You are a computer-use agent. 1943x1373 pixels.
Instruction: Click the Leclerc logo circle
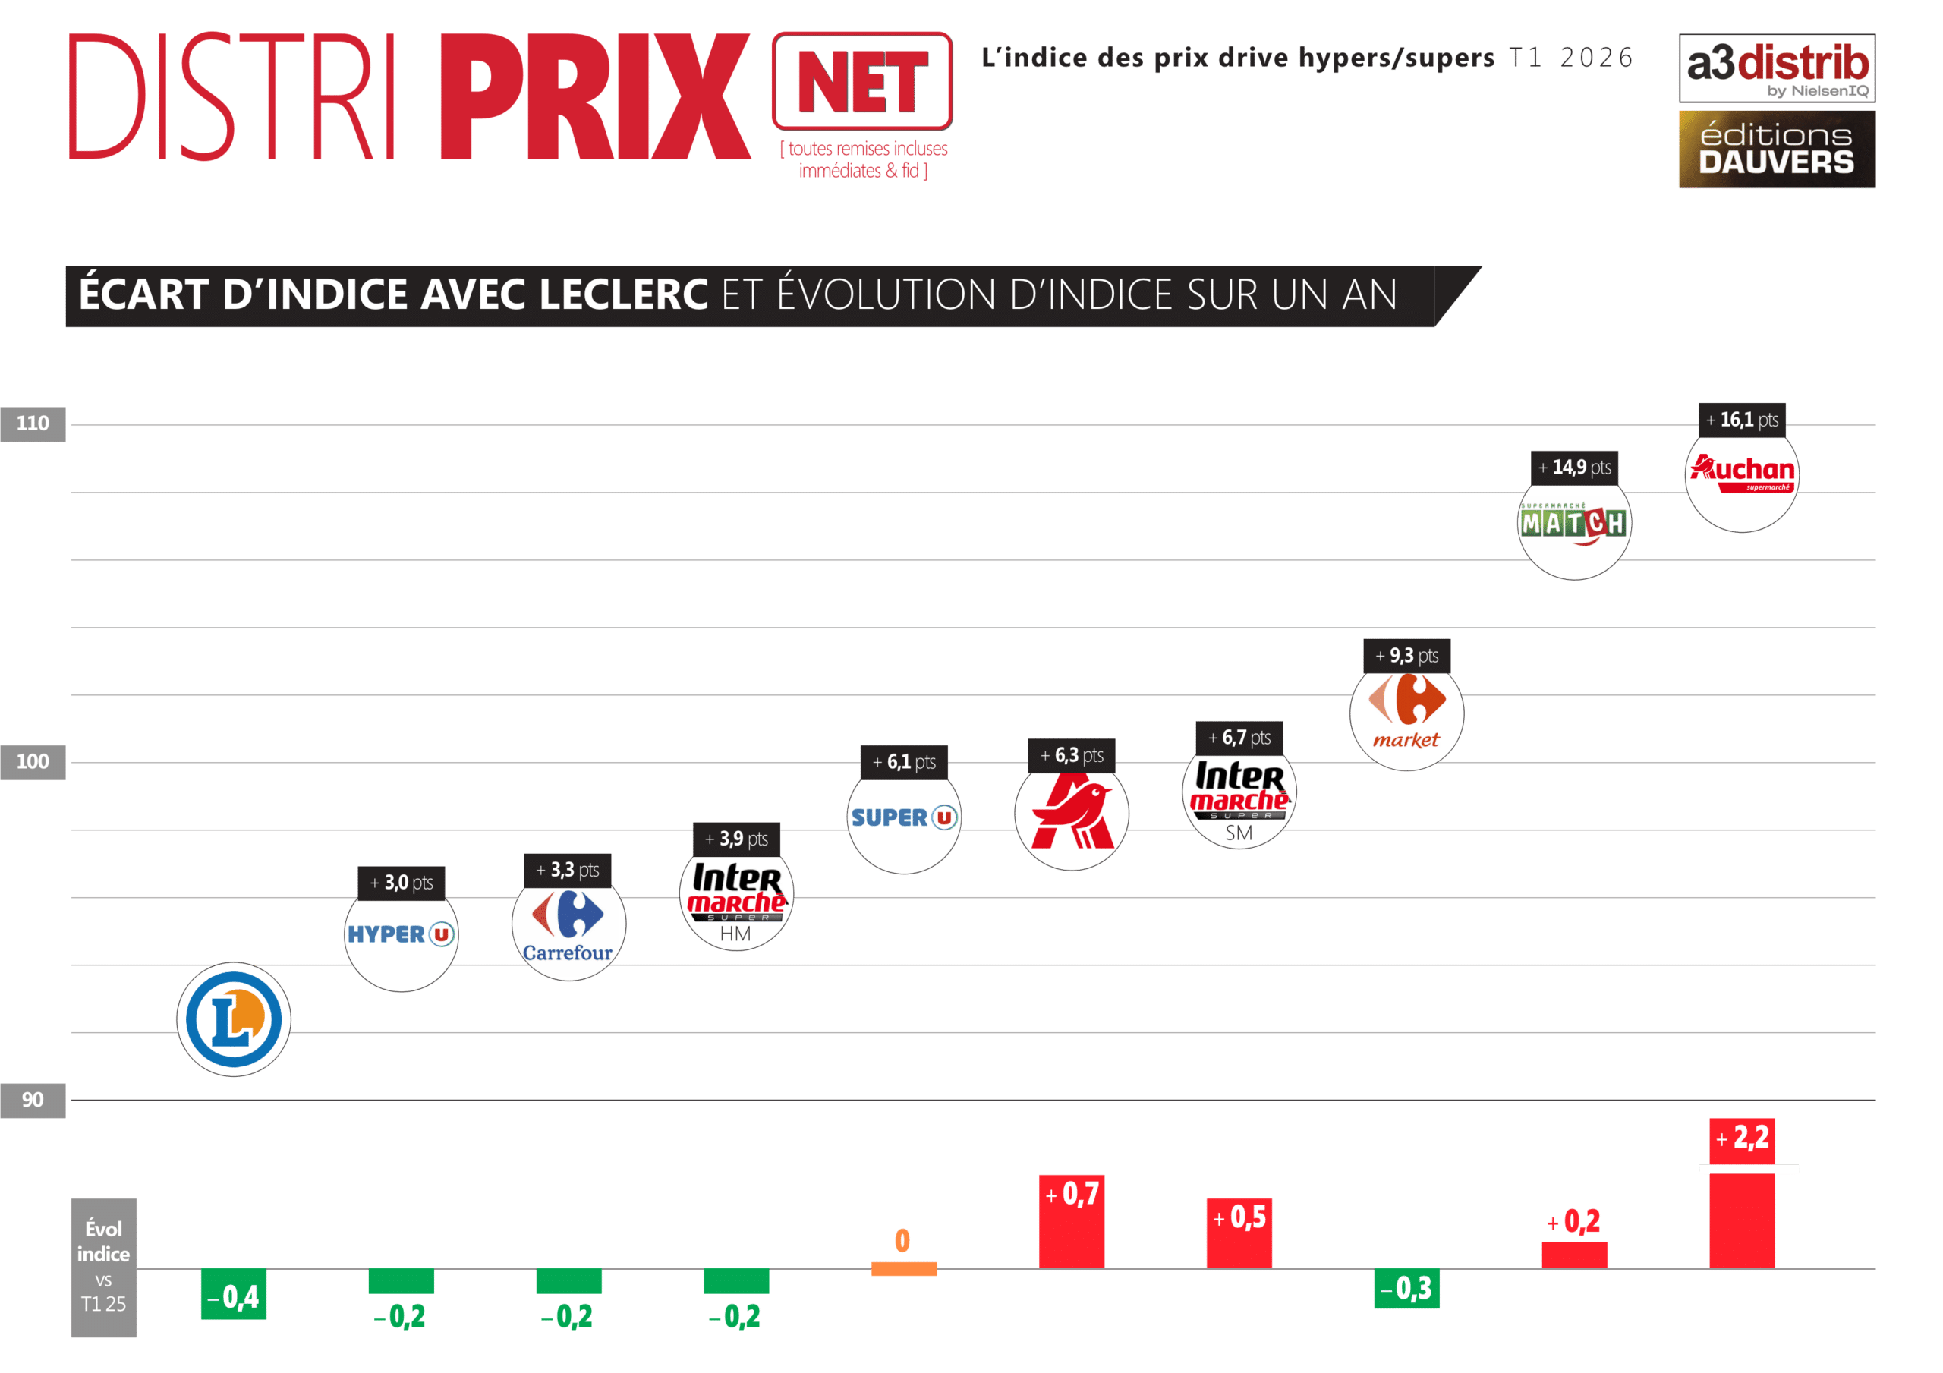pos(234,1019)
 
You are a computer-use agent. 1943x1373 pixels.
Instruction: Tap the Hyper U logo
pos(402,934)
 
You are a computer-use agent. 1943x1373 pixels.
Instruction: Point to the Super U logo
pos(904,817)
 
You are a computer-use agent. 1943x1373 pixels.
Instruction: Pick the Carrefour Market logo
pos(1406,713)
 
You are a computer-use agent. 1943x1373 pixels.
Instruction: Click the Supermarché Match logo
pos(1574,524)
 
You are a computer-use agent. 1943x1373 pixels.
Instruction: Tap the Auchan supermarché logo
pos(1742,475)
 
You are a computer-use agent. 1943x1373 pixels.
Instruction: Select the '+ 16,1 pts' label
pos(1742,419)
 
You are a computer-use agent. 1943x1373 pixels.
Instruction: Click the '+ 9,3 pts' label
pos(1406,655)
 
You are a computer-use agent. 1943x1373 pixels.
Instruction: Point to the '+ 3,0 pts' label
pos(402,883)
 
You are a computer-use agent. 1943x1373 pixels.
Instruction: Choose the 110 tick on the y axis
pos(33,424)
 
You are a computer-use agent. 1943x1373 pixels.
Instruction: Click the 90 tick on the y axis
pos(33,1100)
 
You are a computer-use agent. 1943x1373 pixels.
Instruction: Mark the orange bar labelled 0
pos(904,1269)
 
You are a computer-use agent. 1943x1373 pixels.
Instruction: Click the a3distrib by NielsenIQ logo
pos(1776,68)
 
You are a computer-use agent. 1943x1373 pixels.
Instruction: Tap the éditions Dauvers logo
pos(1776,149)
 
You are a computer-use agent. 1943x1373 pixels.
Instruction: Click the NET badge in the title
pos(861,81)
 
